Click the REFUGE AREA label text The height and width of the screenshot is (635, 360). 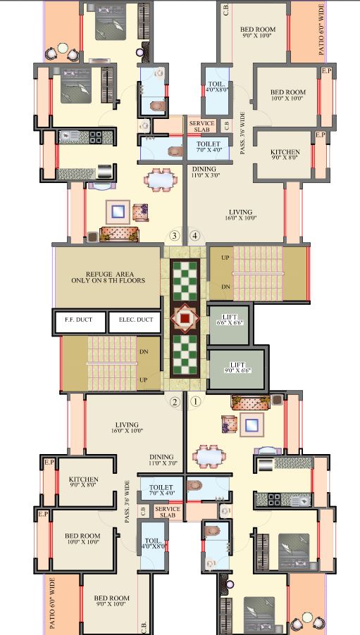click(x=106, y=276)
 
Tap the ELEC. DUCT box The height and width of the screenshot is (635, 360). click(x=135, y=320)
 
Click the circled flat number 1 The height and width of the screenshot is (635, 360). click(x=196, y=402)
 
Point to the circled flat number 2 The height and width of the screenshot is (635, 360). click(x=175, y=402)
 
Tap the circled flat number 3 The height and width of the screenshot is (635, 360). click(x=175, y=236)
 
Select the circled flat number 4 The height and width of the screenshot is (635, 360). click(x=195, y=236)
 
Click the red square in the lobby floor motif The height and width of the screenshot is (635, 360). click(x=185, y=319)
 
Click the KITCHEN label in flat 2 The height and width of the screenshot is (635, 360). click(x=84, y=479)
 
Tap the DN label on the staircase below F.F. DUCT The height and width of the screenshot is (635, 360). click(x=144, y=351)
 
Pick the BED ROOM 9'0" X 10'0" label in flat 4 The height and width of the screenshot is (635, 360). click(x=258, y=33)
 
